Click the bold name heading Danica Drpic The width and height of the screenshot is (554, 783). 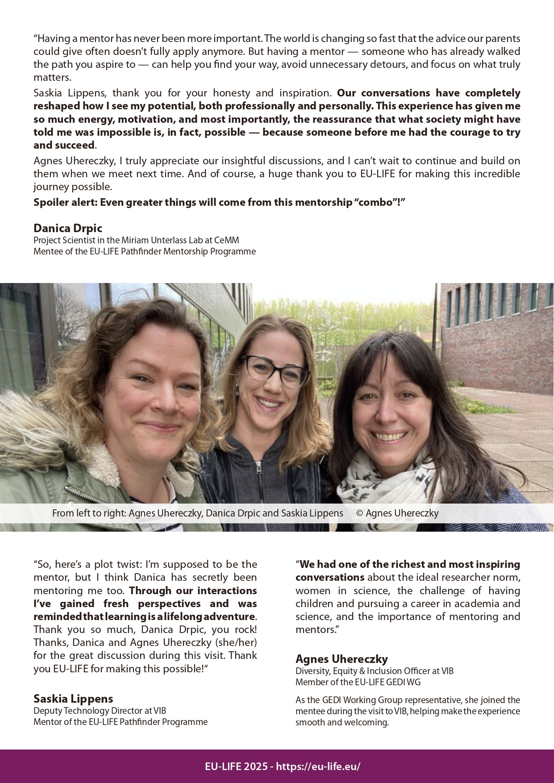pyautogui.click(x=68, y=228)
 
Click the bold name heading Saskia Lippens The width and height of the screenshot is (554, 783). pyautogui.click(x=73, y=699)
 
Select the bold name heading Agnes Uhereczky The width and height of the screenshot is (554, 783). pyautogui.click(x=342, y=659)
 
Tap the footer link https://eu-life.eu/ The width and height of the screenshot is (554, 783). pyautogui.click(x=318, y=766)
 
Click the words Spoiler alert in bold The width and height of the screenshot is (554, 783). pyautogui.click(x=65, y=202)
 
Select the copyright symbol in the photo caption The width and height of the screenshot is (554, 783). pyautogui.click(x=359, y=513)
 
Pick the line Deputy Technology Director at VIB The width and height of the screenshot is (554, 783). pyautogui.click(x=100, y=711)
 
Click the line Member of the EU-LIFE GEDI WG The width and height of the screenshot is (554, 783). pyautogui.click(x=358, y=682)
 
